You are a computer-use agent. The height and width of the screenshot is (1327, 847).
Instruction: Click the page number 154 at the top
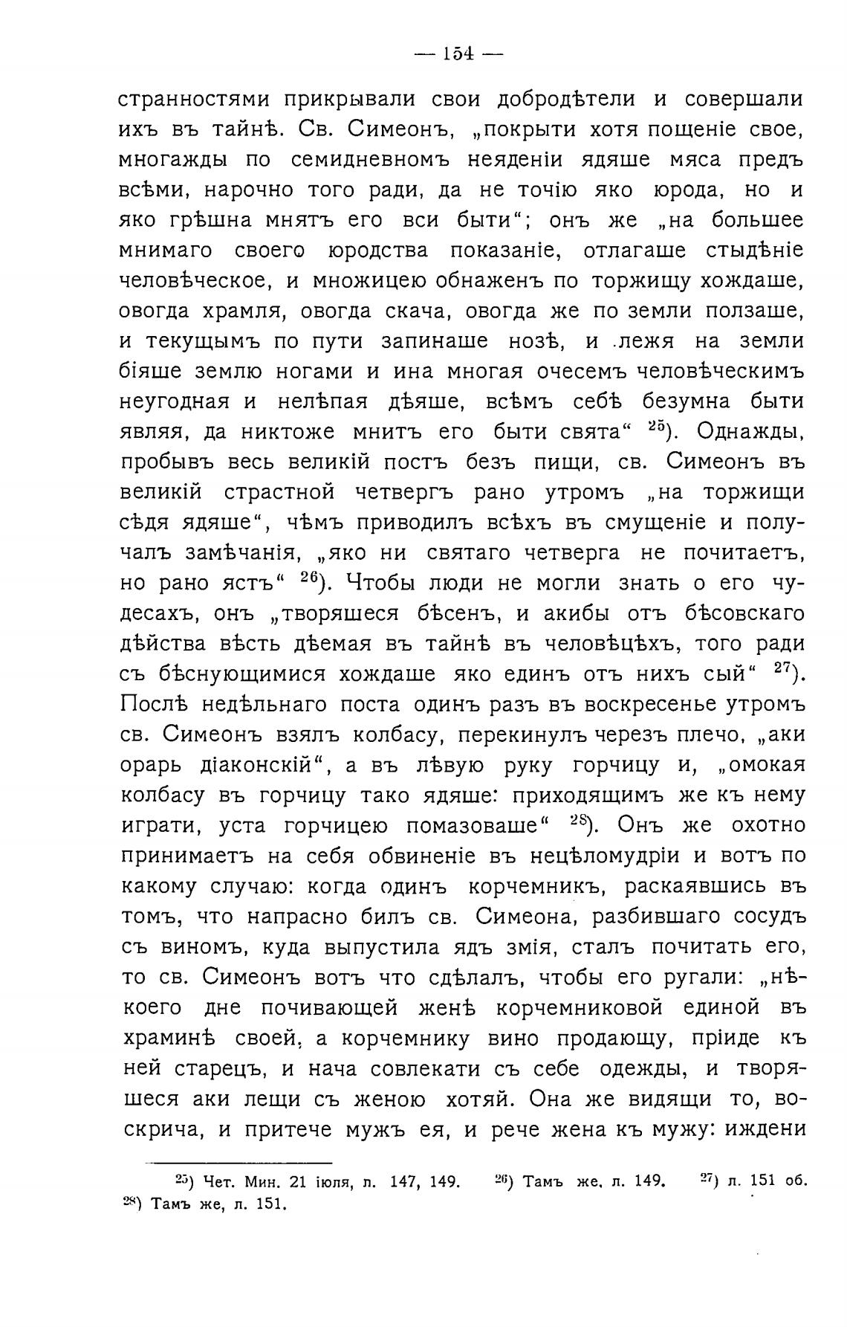pos(458,55)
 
